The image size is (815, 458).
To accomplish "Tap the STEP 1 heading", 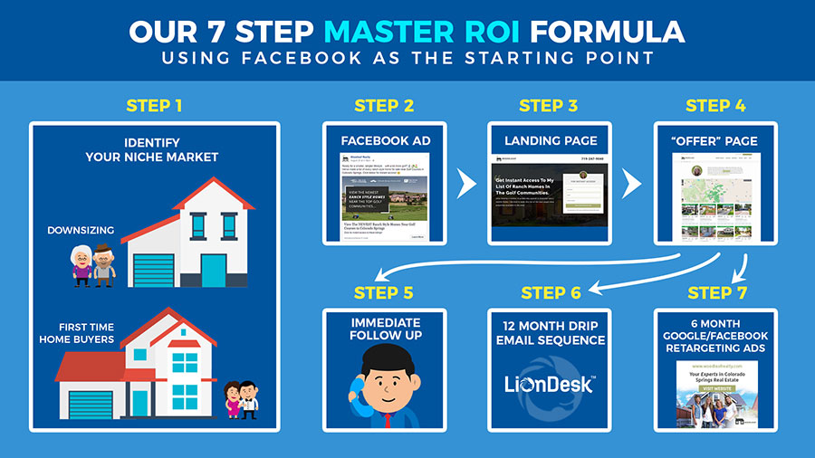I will [x=154, y=105].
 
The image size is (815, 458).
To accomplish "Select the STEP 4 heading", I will [x=715, y=106].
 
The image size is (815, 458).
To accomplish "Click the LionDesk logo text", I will [x=549, y=384].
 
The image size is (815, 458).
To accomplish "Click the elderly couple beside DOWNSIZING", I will [x=93, y=263].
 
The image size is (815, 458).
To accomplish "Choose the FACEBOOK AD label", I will [x=384, y=140].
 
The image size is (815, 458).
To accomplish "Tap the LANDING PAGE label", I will [x=551, y=140].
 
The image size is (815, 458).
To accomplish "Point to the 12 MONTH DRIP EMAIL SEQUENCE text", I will [x=551, y=333].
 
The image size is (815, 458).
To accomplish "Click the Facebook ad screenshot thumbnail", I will [x=384, y=197].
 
